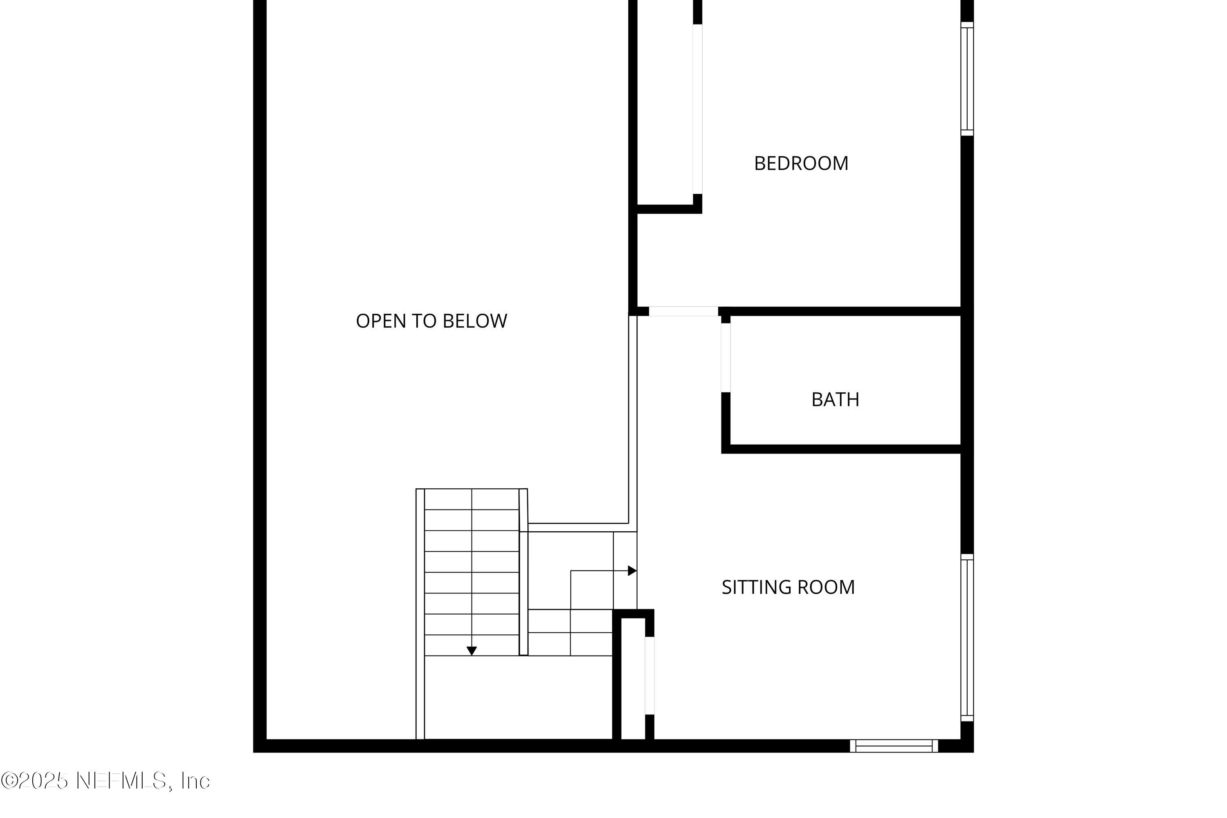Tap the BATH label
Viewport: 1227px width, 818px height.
pos(835,400)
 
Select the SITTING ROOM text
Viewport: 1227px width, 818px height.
pos(788,587)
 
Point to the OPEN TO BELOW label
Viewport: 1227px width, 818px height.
pos(431,321)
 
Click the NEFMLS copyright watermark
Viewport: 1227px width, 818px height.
pos(106,780)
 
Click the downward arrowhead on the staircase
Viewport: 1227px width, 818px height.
pos(472,651)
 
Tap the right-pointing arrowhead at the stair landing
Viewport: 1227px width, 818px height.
pos(632,571)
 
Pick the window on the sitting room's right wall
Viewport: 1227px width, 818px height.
pos(967,638)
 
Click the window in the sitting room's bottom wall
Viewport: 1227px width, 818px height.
pos(894,746)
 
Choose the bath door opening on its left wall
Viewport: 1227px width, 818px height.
pos(726,357)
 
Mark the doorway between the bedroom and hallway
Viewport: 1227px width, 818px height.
pos(683,311)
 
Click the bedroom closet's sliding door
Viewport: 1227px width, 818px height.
pos(697,109)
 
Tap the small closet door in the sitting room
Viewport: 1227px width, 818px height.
pos(649,676)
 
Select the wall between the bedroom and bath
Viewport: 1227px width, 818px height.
pos(840,311)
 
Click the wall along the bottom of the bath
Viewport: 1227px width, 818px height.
pos(841,449)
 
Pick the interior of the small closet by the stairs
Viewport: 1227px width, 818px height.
pos(633,678)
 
